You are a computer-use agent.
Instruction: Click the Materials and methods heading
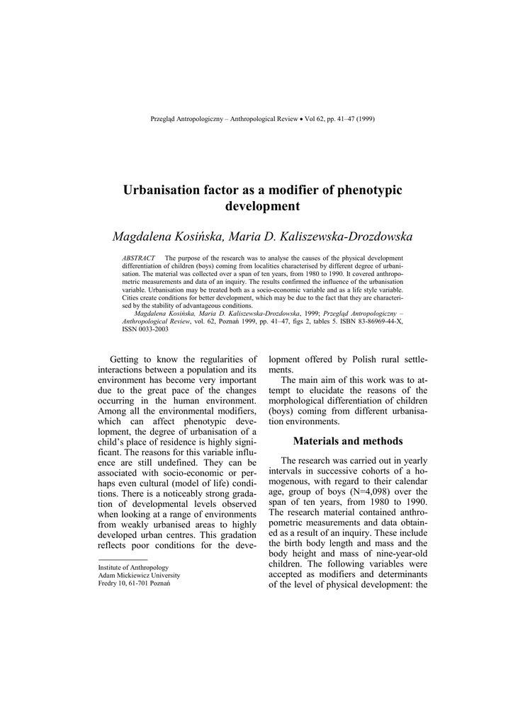tap(347, 441)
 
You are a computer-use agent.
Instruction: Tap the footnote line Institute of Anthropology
tap(133, 567)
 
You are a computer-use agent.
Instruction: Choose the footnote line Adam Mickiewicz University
tap(139, 575)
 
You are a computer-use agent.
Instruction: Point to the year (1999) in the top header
tap(366, 119)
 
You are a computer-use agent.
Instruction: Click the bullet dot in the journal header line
tap(300, 119)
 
